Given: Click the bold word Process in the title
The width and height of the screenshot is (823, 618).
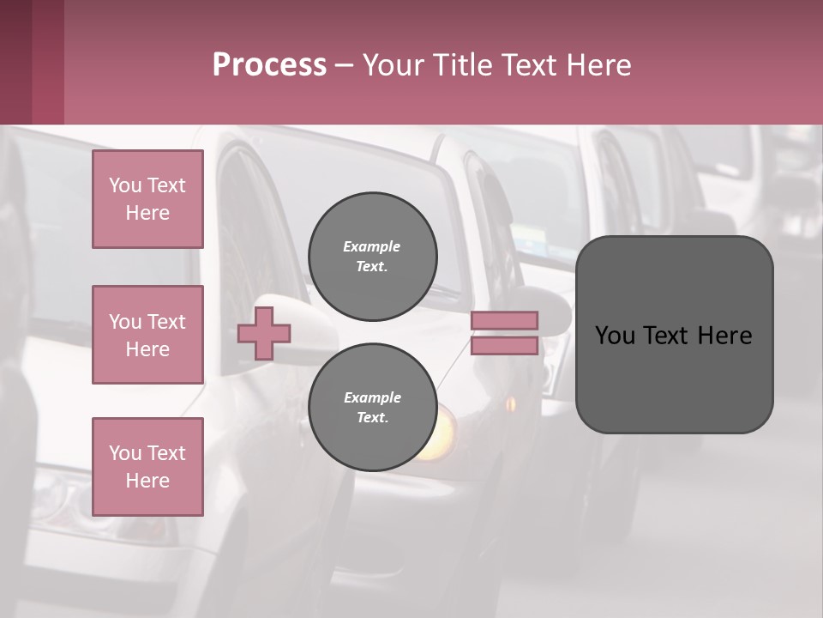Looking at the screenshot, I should click(x=269, y=64).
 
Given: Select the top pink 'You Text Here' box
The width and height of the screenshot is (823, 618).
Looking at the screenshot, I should click(x=147, y=199).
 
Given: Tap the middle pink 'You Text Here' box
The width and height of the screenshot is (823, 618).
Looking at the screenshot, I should click(x=147, y=335).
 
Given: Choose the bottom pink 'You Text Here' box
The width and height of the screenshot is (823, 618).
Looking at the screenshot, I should click(x=147, y=467).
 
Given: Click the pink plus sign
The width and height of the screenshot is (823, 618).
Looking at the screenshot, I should click(x=264, y=333).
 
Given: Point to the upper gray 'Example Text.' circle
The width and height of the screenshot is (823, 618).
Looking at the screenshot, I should click(x=372, y=257).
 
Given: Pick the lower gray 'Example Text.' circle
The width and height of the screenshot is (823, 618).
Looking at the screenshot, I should click(x=372, y=408).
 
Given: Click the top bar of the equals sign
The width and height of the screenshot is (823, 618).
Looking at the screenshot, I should click(x=505, y=320).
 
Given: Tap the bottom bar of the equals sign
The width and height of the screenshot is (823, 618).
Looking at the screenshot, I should click(x=505, y=345).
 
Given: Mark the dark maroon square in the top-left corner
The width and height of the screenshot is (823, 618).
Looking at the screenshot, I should click(x=32, y=62).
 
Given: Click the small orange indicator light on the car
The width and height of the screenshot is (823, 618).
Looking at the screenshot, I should click(x=512, y=403).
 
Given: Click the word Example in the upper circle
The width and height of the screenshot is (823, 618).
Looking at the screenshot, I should click(x=372, y=246).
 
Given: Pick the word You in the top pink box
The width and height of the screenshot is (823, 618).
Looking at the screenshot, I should click(x=125, y=185).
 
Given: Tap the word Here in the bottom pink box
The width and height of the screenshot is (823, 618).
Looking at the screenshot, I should click(x=147, y=481).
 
